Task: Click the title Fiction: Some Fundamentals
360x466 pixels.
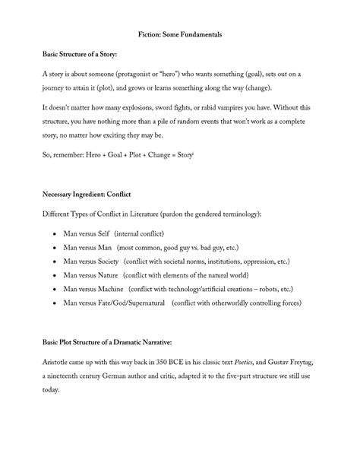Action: click(x=180, y=35)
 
